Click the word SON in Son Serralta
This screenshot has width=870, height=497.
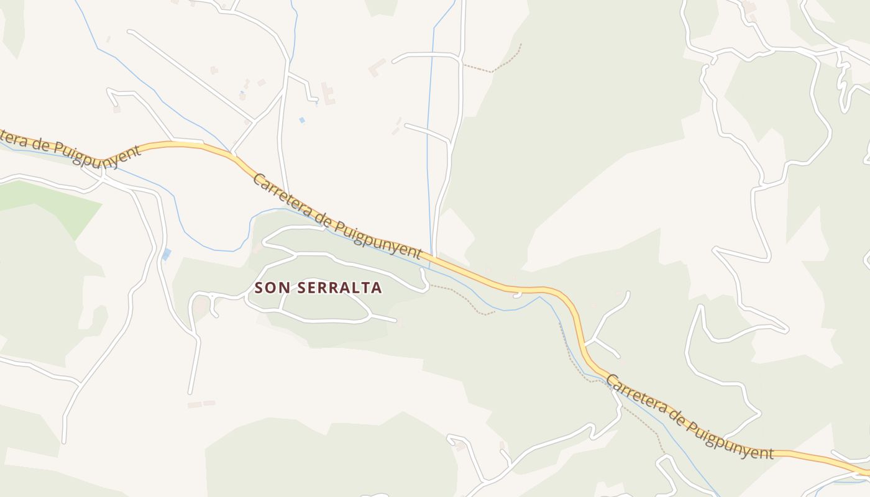point(271,288)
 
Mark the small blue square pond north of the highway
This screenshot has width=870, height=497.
point(302,120)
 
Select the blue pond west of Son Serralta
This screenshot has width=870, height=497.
point(166,254)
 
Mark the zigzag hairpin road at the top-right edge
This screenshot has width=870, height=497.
point(843,81)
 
